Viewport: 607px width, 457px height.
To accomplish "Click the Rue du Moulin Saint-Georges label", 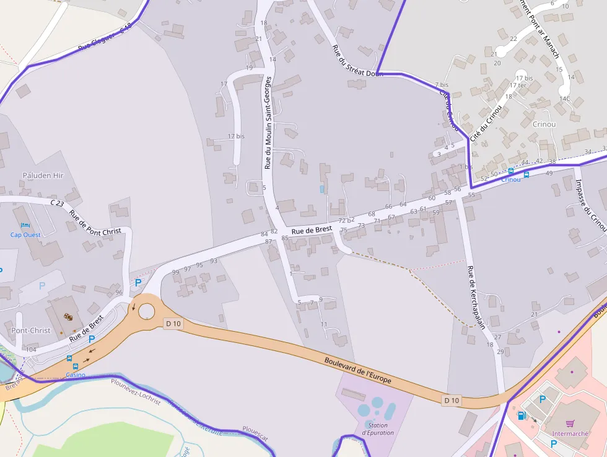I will pyautogui.click(x=268, y=123).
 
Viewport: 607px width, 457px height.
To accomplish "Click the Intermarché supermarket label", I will pyautogui.click(x=570, y=434).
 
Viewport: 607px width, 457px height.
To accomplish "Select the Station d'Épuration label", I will pyautogui.click(x=377, y=428).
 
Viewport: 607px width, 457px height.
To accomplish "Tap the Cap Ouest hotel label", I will pyautogui.click(x=25, y=234).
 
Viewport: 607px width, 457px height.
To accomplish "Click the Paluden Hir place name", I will pyautogui.click(x=43, y=175).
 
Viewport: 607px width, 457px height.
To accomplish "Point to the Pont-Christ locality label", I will pyautogui.click(x=31, y=331).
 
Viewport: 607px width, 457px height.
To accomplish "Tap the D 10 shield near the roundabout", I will pyautogui.click(x=174, y=323).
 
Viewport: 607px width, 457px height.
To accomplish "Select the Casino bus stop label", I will pyautogui.click(x=76, y=375).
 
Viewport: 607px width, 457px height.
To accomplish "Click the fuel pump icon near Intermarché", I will pyautogui.click(x=522, y=415).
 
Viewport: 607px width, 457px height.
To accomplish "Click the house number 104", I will pyautogui.click(x=31, y=350).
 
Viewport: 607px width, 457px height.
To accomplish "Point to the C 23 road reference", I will pyautogui.click(x=57, y=203).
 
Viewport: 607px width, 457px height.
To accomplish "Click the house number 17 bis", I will pyautogui.click(x=236, y=136).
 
